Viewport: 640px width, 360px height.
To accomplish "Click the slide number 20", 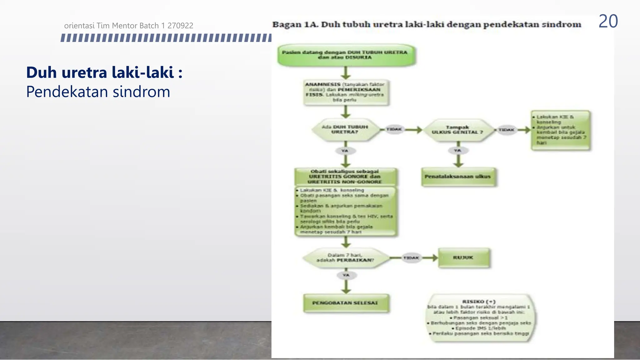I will point(608,22).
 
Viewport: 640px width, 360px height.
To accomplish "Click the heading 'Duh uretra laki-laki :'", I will point(104,72).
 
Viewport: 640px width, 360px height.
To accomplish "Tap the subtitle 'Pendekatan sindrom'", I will point(98,92).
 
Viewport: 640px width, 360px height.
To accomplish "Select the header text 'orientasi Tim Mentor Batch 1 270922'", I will point(128,26).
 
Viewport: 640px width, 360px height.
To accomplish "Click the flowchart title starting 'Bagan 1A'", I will point(427,24).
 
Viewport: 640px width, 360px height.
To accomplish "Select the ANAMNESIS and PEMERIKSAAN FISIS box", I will point(345,92).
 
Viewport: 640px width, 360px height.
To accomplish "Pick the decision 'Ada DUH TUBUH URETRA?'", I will point(345,129).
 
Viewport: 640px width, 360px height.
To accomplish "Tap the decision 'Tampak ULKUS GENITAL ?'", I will point(457,130).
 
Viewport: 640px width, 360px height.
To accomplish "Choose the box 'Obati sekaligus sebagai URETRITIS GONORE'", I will point(345,177).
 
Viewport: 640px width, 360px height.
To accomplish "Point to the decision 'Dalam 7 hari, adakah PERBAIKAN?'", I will point(345,258).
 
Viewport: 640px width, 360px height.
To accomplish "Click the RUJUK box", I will point(463,258).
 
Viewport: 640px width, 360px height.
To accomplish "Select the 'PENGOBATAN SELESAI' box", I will point(345,303).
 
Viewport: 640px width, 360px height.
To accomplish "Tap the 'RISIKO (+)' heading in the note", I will point(479,302).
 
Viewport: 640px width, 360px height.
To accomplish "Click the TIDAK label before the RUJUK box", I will point(411,258).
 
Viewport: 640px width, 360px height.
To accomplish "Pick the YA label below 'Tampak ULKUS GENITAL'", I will point(457,151).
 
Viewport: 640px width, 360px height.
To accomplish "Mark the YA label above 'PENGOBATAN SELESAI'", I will point(346,275).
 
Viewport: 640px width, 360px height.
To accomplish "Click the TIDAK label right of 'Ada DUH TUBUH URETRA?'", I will point(394,129).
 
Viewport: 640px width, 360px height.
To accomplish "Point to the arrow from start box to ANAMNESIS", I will point(345,73).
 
